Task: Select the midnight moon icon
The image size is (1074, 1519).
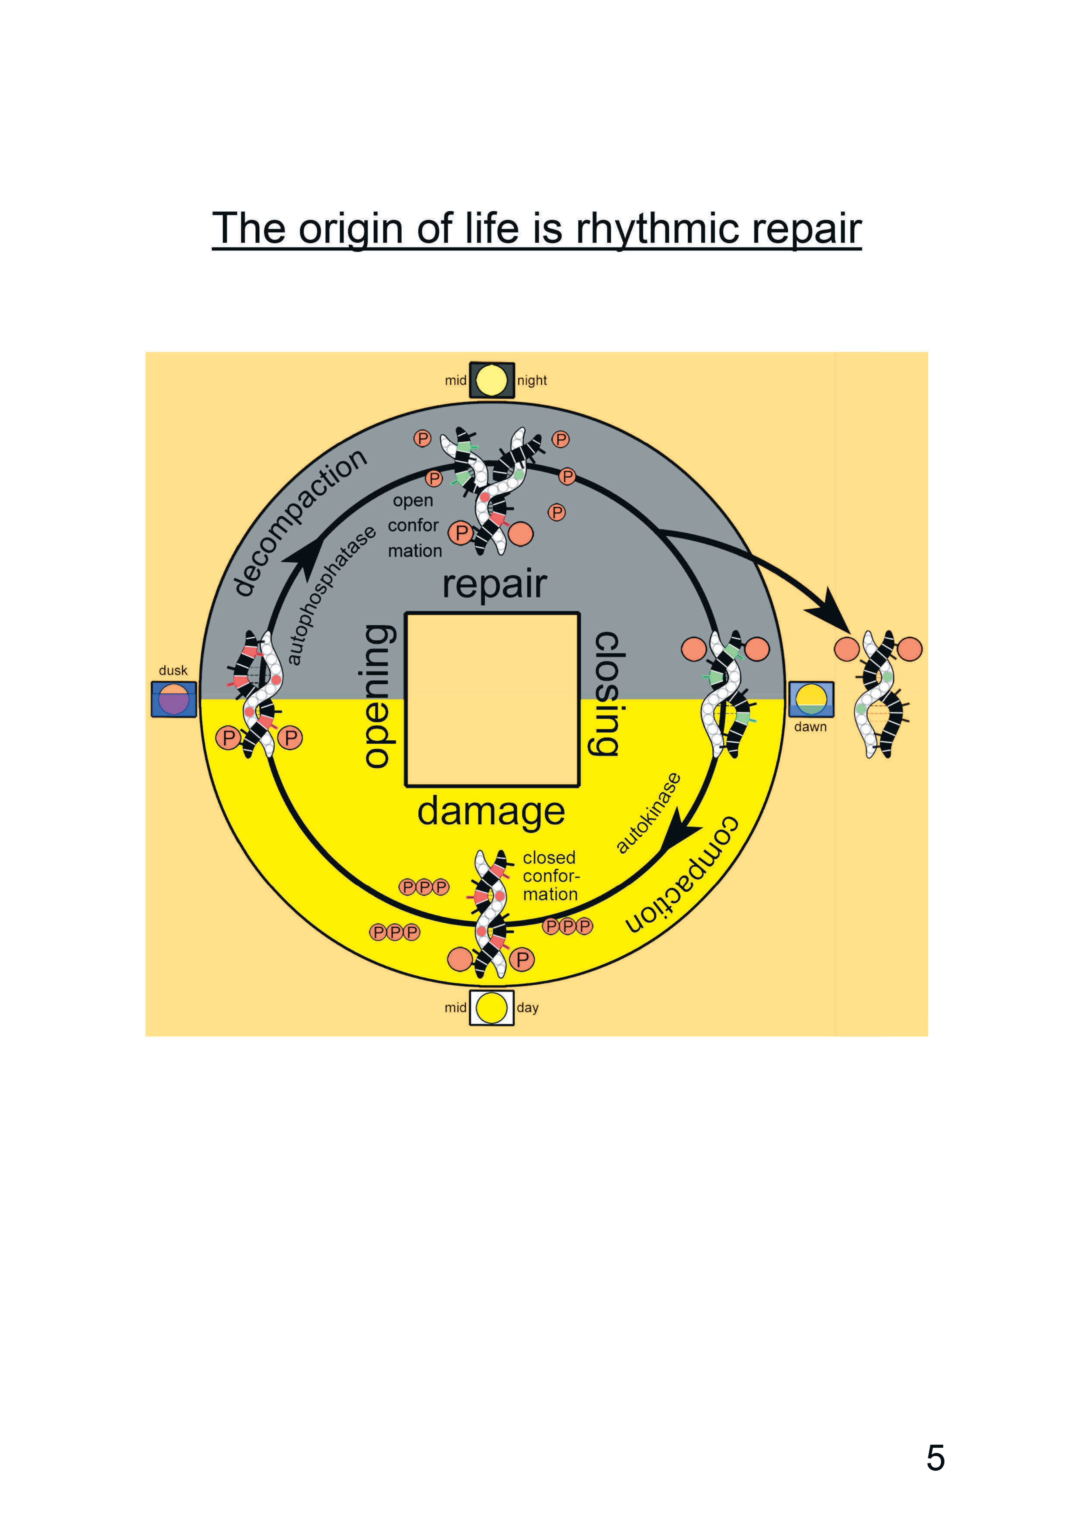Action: [492, 380]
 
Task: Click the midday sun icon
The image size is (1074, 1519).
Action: [492, 1008]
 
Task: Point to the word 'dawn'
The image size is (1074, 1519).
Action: [811, 727]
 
